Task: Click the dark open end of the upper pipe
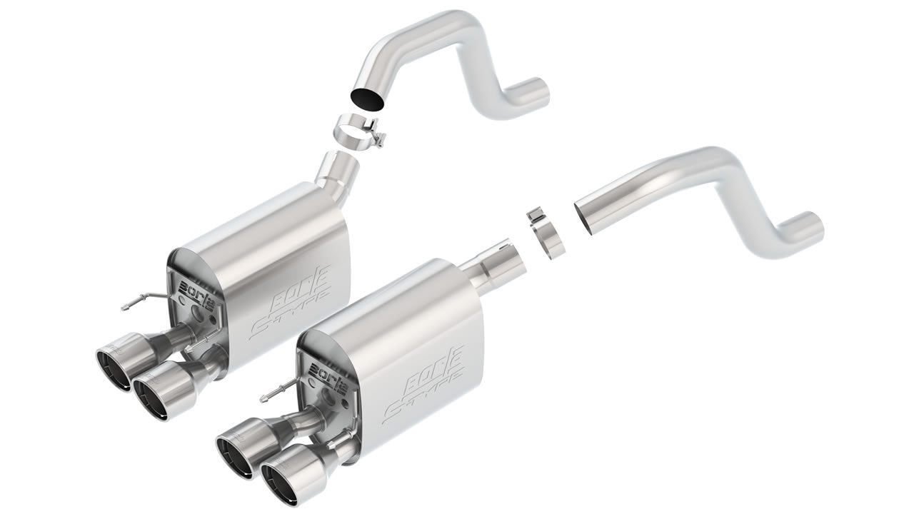click(366, 99)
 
